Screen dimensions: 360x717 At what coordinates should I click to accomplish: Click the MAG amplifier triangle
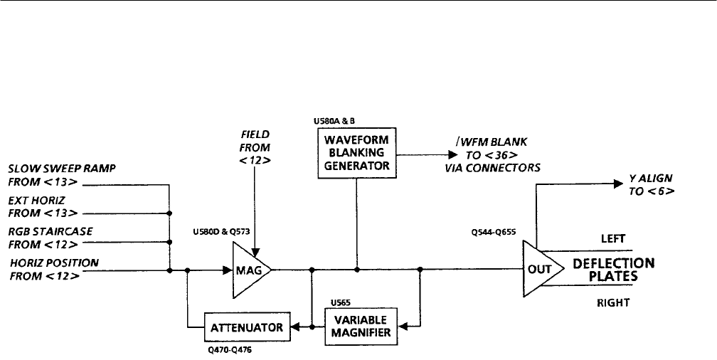point(248,270)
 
